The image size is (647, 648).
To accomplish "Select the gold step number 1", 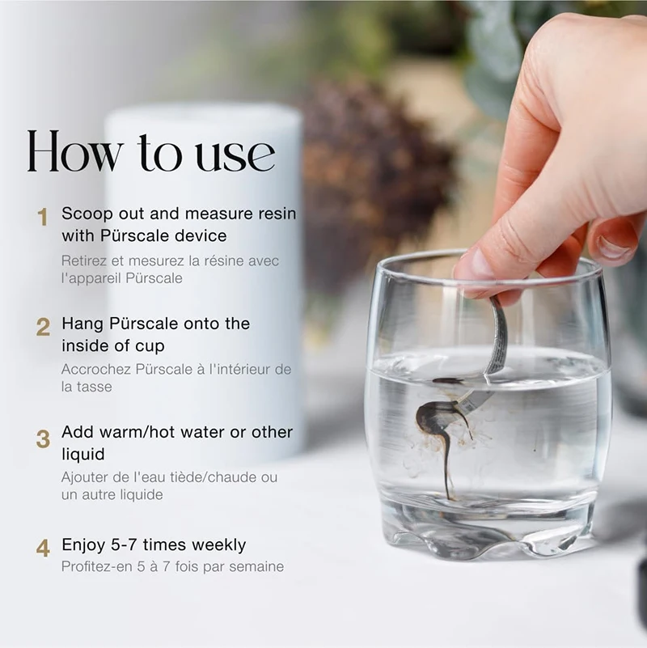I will (43, 218).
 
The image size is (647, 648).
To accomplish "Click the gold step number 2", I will (43, 328).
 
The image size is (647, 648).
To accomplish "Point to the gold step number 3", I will (43, 439).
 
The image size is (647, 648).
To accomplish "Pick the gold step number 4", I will (43, 548).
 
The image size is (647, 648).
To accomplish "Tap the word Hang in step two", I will (80, 324).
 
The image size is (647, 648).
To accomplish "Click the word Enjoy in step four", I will (83, 545).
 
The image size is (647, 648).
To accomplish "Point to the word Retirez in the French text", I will (82, 260).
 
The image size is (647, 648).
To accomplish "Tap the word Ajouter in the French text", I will (84, 477).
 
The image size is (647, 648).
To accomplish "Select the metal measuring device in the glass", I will (495, 340).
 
